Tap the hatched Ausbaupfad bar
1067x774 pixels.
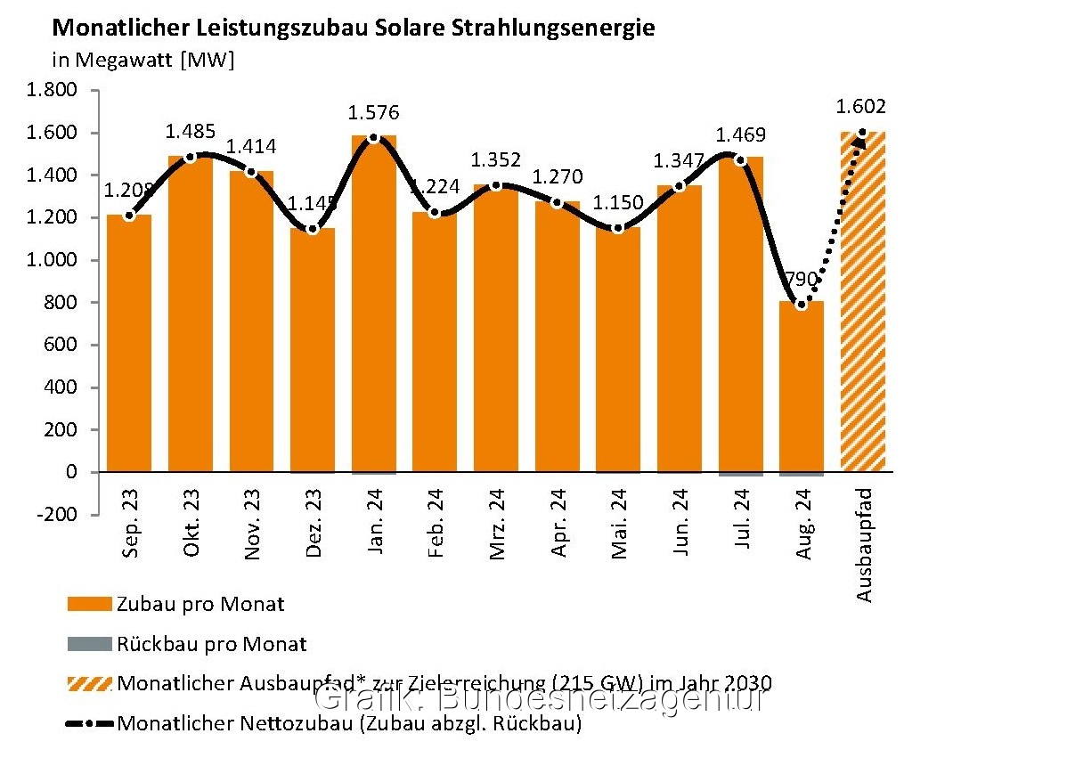pyautogui.click(x=863, y=303)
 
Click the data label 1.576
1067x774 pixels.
pyautogui.click(x=374, y=113)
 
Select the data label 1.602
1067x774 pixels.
pyautogui.click(x=861, y=108)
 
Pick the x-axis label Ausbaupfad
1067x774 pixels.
pyautogui.click(x=864, y=543)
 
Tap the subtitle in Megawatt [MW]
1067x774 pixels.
pyautogui.click(x=143, y=60)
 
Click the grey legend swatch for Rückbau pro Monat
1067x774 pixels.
pyautogui.click(x=89, y=644)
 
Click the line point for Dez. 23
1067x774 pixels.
pyautogui.click(x=313, y=230)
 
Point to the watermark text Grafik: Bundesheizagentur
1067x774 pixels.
pyautogui.click(x=542, y=699)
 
